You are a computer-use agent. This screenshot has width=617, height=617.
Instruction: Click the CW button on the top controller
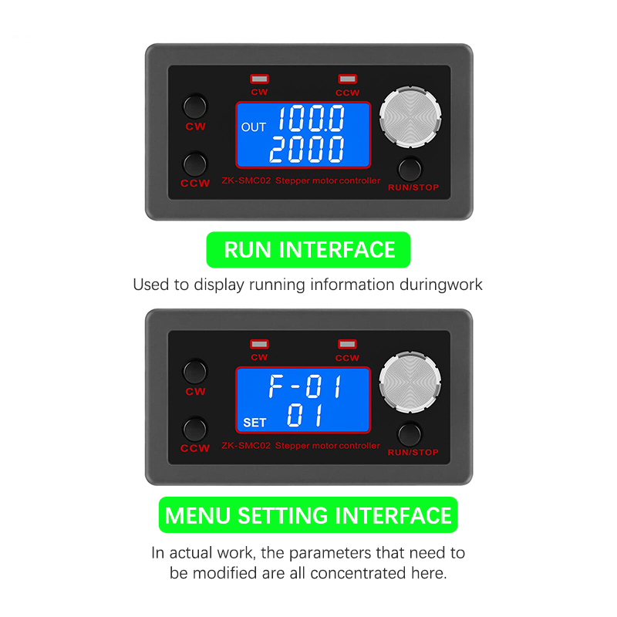pyautogui.click(x=195, y=106)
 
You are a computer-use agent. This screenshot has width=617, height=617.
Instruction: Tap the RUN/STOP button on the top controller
pyautogui.click(x=410, y=169)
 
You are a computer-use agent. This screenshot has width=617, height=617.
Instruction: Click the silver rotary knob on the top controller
pyautogui.click(x=410, y=117)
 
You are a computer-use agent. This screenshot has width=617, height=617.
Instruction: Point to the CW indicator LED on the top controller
pyautogui.click(x=259, y=79)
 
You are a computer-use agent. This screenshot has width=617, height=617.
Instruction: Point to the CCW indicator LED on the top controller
pyautogui.click(x=348, y=79)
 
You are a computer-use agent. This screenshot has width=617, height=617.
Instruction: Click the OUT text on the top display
pyautogui.click(x=254, y=127)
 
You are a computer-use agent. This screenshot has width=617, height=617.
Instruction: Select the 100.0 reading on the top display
pyautogui.click(x=312, y=118)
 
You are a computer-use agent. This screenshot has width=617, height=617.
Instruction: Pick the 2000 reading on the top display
pyautogui.click(x=307, y=150)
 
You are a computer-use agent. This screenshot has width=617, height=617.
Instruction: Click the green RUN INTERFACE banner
pyautogui.click(x=308, y=250)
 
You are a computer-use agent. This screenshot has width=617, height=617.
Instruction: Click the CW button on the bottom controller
pyautogui.click(x=195, y=372)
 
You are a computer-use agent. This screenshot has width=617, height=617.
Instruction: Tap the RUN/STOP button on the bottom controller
pyautogui.click(x=410, y=434)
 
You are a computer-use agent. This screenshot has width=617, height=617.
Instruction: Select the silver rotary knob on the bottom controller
pyautogui.click(x=410, y=383)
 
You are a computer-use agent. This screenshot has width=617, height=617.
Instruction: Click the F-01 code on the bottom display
pyautogui.click(x=305, y=386)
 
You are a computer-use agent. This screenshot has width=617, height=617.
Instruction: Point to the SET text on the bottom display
pyautogui.click(x=255, y=423)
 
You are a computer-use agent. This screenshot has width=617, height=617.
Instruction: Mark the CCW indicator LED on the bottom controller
pyautogui.click(x=348, y=344)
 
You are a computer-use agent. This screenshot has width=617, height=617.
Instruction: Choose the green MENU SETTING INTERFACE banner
pyautogui.click(x=308, y=515)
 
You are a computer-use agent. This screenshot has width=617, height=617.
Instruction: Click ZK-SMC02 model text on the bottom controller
pyautogui.click(x=246, y=446)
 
